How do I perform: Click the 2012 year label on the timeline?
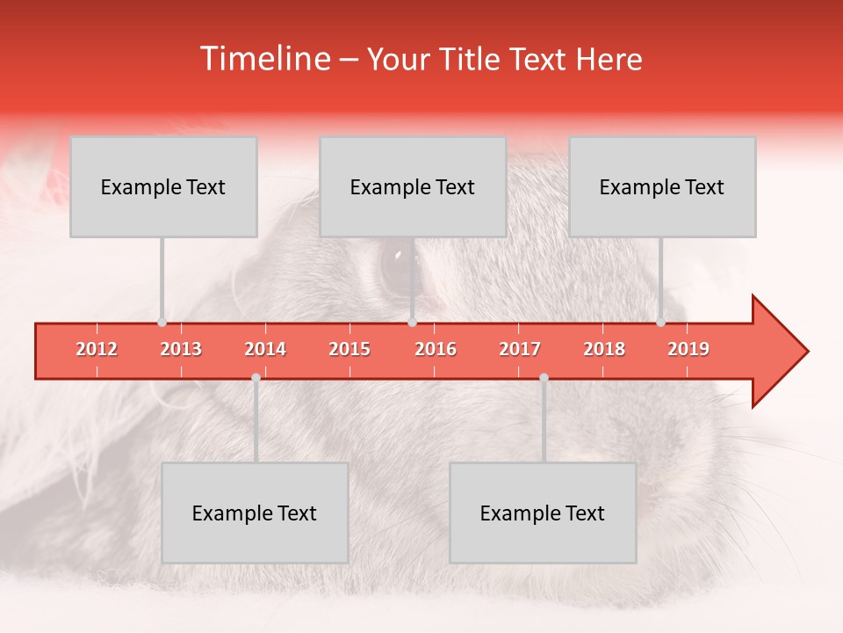[x=97, y=349]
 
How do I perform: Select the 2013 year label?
[x=181, y=349]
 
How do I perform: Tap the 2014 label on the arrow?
[x=265, y=349]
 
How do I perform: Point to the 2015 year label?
[x=349, y=349]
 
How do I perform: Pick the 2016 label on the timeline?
[x=436, y=349]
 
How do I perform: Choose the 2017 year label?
[x=520, y=349]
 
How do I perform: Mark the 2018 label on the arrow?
[x=604, y=349]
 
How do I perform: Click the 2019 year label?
[x=688, y=349]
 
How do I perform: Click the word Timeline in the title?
[x=263, y=59]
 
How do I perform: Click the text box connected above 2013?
[x=163, y=186]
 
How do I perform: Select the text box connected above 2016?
[x=413, y=186]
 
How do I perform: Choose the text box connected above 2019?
[x=662, y=186]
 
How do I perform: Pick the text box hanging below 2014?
[x=255, y=513]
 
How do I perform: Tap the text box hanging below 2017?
[x=543, y=513]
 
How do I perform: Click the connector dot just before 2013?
[x=162, y=323]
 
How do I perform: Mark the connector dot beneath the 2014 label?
[x=256, y=377]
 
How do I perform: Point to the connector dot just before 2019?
[x=660, y=323]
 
